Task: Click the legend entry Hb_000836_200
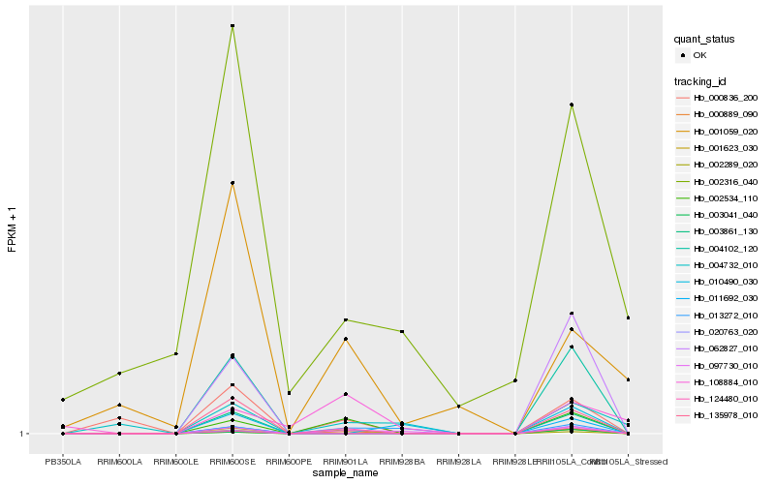pyautogui.click(x=718, y=98)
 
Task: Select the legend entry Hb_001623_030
pyautogui.click(x=718, y=148)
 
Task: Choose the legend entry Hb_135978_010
pyautogui.click(x=718, y=415)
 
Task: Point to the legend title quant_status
pyautogui.click(x=704, y=40)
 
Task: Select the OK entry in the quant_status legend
pyautogui.click(x=699, y=55)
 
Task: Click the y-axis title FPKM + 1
pyautogui.click(x=13, y=228)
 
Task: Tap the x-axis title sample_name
pyautogui.click(x=346, y=473)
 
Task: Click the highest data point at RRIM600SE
pyautogui.click(x=232, y=26)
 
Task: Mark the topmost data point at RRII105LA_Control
pyautogui.click(x=572, y=105)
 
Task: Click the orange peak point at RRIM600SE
pyautogui.click(x=232, y=183)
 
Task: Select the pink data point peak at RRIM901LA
pyautogui.click(x=346, y=394)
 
